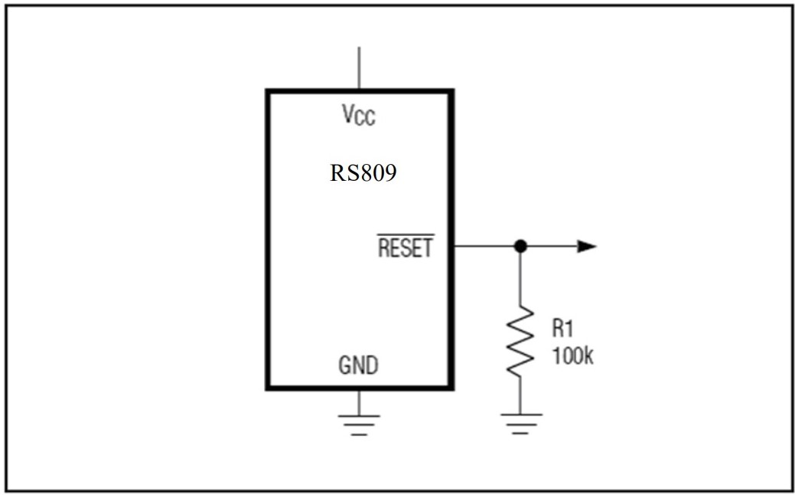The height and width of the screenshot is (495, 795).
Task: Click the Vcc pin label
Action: [x=359, y=116]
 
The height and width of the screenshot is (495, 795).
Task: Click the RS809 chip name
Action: [x=363, y=174]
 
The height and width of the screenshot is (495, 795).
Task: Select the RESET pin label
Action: [x=406, y=248]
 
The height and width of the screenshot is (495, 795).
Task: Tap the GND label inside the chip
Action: [x=358, y=366]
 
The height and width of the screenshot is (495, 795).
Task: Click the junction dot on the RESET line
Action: [x=520, y=246]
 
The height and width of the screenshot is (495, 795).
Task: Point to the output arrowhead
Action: [x=586, y=246]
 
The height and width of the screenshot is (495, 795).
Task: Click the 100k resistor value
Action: [x=572, y=357]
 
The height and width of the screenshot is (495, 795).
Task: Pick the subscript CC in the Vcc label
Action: [x=367, y=120]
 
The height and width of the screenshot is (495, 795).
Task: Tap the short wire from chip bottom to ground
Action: [x=358, y=402]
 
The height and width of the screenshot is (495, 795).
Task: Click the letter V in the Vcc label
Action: [x=348, y=114]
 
